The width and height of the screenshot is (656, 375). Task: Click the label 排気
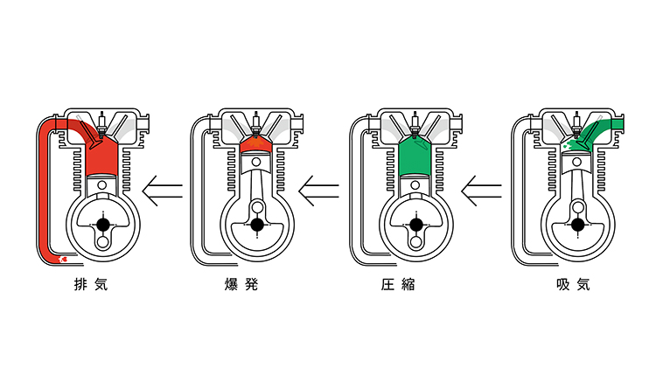(x=91, y=285)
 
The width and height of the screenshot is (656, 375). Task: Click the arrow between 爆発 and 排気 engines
(x=164, y=186)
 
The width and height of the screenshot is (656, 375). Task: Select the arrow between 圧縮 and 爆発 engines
(x=318, y=186)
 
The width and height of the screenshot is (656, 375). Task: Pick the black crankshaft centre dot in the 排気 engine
(x=103, y=225)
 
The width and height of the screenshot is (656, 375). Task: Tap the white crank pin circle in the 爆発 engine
(x=255, y=208)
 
